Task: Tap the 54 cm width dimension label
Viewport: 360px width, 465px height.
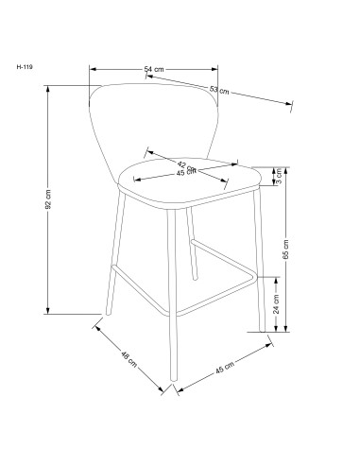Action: click(x=154, y=68)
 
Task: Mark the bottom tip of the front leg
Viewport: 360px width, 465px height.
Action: click(x=169, y=388)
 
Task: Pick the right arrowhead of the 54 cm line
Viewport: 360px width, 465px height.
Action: click(x=215, y=68)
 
